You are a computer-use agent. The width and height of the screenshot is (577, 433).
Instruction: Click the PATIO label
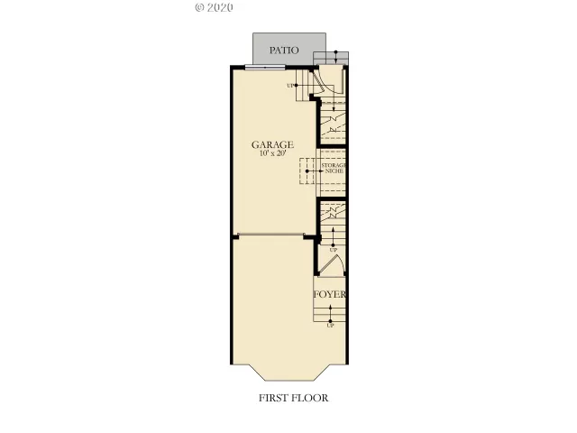[284, 51]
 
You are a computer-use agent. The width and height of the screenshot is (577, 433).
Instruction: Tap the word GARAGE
[273, 144]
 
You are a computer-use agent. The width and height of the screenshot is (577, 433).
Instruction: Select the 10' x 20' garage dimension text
[273, 155]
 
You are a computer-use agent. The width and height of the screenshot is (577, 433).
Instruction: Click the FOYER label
[330, 295]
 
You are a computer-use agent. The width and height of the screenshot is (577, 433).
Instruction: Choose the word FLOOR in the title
[311, 397]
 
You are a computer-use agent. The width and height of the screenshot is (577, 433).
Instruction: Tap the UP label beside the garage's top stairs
[291, 86]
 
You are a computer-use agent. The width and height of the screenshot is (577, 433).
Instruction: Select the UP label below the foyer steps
[330, 325]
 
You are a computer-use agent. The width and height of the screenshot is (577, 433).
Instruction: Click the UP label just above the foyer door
[333, 249]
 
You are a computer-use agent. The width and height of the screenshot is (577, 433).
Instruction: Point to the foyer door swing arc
[331, 264]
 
